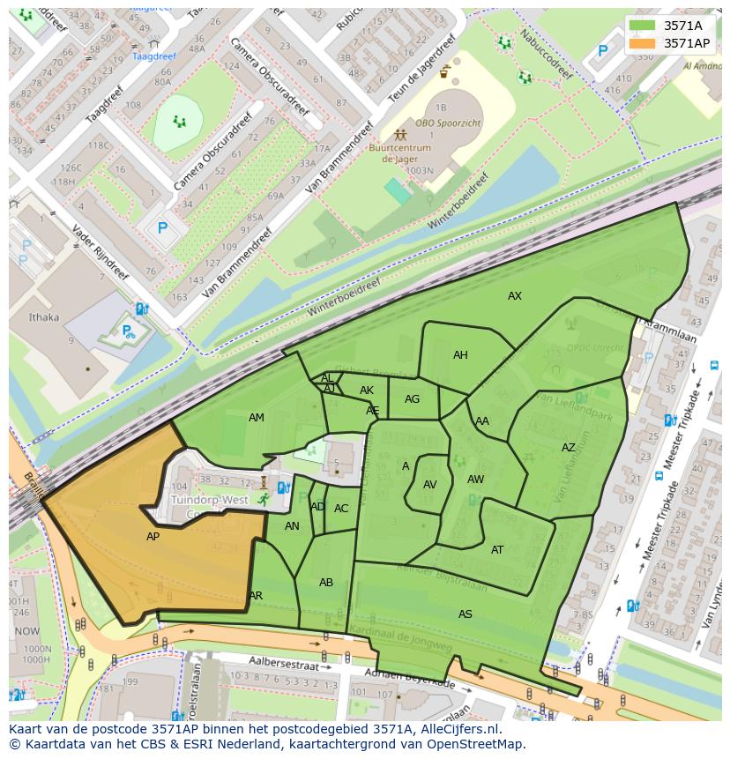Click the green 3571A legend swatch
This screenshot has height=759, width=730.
click(644, 25)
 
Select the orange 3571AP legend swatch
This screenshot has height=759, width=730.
click(644, 42)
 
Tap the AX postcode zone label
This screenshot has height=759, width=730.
click(515, 296)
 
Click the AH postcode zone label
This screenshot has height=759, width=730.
click(460, 355)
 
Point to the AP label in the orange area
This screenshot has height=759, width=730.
click(153, 536)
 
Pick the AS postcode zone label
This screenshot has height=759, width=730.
click(466, 614)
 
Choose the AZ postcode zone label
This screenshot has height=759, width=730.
click(569, 448)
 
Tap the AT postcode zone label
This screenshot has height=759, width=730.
click(497, 550)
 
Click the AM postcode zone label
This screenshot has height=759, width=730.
click(257, 418)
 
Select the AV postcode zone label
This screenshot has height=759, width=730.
click(430, 485)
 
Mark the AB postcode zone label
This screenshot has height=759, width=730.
click(326, 583)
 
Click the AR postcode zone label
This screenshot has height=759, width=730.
click(256, 596)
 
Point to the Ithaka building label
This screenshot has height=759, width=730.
click(44, 317)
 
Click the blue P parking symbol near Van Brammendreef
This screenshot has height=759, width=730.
click(162, 227)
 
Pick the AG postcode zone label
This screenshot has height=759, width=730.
click(412, 399)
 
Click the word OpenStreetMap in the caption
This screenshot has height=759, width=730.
click(476, 744)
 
